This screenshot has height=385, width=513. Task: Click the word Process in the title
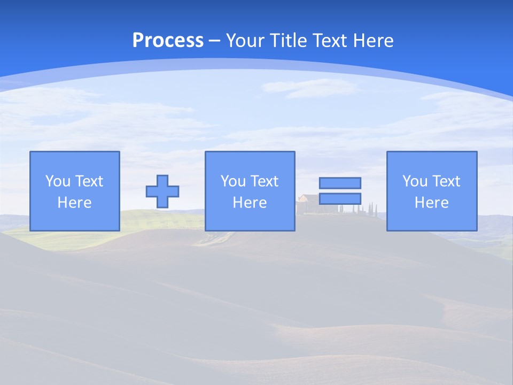coord(168,41)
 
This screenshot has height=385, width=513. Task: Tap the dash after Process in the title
coord(215,41)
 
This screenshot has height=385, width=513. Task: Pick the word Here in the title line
coord(374,41)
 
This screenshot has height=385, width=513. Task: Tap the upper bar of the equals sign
coord(340,183)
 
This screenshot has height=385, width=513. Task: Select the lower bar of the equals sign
coord(340,198)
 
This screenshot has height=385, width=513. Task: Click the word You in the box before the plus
coord(57,181)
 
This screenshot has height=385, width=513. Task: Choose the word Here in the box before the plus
coord(74,203)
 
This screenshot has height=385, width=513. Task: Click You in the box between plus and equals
coord(232,181)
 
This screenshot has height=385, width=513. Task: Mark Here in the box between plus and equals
coord(250,203)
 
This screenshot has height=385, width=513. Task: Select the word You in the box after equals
coord(414,181)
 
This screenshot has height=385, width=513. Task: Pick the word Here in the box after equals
coord(431,203)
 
